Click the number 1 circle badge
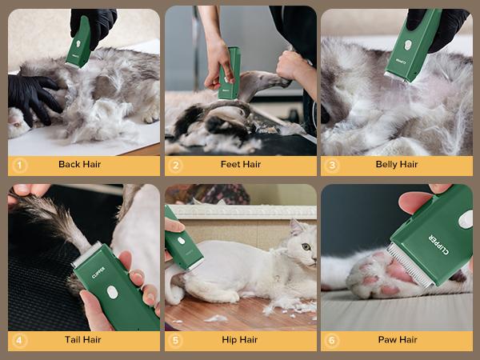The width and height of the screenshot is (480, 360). tap(20, 165)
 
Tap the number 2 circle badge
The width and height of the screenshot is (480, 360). tap(177, 165)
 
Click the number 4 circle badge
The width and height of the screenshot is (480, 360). tap(20, 340)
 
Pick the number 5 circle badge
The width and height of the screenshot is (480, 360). tap(177, 340)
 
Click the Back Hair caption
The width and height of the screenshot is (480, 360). tap(80, 165)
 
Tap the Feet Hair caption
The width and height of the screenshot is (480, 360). tap(240, 165)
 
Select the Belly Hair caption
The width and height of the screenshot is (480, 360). tap(397, 165)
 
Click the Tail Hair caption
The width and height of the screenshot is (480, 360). tap(82, 340)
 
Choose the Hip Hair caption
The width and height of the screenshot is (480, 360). tap(240, 340)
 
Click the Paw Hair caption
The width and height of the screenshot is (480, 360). tap(397, 340)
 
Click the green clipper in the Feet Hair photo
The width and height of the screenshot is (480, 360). tap(230, 73)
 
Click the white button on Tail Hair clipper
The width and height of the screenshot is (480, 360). tap(113, 293)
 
